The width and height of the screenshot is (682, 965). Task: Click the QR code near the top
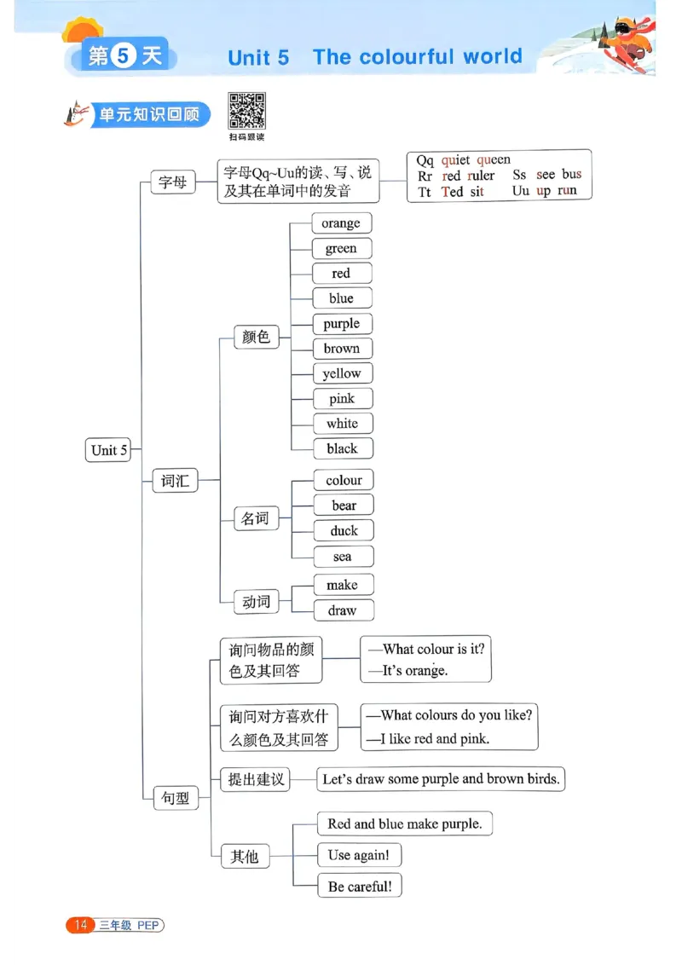pyautogui.click(x=246, y=111)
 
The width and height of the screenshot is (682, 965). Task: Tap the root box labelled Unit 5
pyautogui.click(x=109, y=450)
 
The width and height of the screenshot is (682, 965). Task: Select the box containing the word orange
pyautogui.click(x=341, y=223)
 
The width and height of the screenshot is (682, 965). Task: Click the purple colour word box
pyautogui.click(x=341, y=324)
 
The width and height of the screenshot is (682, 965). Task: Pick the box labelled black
pyautogui.click(x=342, y=448)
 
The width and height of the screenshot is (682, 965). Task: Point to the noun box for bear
pyautogui.click(x=344, y=506)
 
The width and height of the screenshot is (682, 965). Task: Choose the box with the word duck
pyautogui.click(x=344, y=530)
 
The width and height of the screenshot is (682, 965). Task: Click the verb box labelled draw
pyautogui.click(x=342, y=610)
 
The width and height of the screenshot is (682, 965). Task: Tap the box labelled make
pyautogui.click(x=342, y=585)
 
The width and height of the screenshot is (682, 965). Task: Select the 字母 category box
pyautogui.click(x=173, y=182)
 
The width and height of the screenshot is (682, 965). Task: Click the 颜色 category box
pyautogui.click(x=256, y=337)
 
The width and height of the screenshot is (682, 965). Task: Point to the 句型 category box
pyautogui.click(x=176, y=799)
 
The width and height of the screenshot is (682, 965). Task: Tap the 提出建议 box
pyautogui.click(x=256, y=779)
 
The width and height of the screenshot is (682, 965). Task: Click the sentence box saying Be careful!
pyautogui.click(x=360, y=886)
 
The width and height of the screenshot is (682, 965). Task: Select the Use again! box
pyautogui.click(x=359, y=855)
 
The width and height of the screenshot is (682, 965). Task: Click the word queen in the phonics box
pyautogui.click(x=494, y=159)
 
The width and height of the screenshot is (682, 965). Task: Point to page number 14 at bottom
pyautogui.click(x=81, y=925)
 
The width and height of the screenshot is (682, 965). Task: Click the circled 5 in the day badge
pyautogui.click(x=124, y=56)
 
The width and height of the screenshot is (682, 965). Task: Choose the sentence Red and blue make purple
pyautogui.click(x=404, y=823)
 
